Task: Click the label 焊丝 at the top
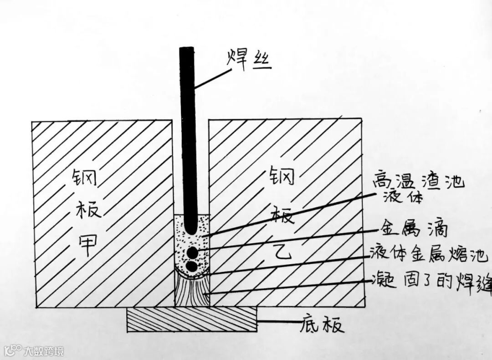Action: pyautogui.click(x=249, y=60)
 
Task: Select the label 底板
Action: pyautogui.click(x=322, y=324)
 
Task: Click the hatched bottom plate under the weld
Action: pyautogui.click(x=191, y=319)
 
